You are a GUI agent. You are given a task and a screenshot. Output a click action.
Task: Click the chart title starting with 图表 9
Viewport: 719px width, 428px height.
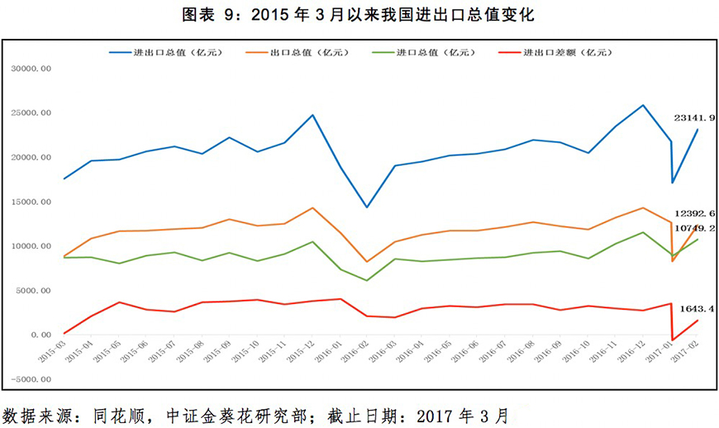pyautogui.click(x=359, y=15)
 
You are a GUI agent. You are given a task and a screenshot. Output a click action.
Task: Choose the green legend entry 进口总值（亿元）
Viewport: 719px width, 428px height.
pyautogui.click(x=436, y=52)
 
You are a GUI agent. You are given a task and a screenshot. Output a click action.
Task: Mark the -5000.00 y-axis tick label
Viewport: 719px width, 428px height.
pyautogui.click(x=31, y=379)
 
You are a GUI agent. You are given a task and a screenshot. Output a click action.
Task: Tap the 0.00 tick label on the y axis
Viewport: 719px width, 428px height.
pyautogui.click(x=40, y=335)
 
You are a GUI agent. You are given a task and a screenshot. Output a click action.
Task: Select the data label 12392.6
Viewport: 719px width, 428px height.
pyautogui.click(x=694, y=213)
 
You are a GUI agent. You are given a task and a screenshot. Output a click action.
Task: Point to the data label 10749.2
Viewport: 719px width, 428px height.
pyautogui.click(x=694, y=228)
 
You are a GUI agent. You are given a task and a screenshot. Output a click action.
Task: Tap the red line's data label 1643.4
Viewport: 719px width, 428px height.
pyautogui.click(x=696, y=308)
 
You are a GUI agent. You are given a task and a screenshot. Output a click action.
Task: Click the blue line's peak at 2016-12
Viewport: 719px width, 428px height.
pyautogui.click(x=642, y=105)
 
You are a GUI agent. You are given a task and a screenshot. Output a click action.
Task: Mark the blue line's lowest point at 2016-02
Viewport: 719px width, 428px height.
pyautogui.click(x=367, y=207)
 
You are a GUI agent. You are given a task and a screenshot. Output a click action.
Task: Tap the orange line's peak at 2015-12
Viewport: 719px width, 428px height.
pyautogui.click(x=312, y=207)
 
